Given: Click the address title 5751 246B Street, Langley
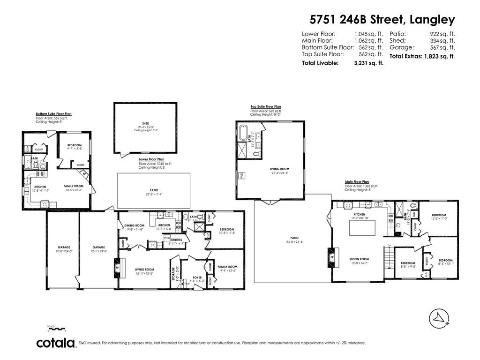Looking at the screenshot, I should click(382, 20).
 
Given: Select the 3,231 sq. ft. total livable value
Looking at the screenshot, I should click(368, 63).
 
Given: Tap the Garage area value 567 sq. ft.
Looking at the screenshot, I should click(442, 47).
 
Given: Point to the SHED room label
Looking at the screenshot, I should click(145, 124).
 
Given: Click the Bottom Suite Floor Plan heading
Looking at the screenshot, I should click(53, 114).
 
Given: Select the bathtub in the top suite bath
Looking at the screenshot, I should click(243, 133).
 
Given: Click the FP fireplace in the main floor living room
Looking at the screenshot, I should click(332, 257).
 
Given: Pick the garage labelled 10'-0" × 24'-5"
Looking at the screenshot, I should click(64, 249).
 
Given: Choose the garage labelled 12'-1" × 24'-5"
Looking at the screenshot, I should click(98, 249).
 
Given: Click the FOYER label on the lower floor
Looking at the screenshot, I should click(197, 277).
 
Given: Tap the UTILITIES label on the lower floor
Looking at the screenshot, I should click(176, 240).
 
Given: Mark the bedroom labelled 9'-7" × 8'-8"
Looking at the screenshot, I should click(75, 147).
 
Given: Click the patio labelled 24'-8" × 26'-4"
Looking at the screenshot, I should click(294, 240).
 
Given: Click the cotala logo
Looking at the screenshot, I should click(56, 343).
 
